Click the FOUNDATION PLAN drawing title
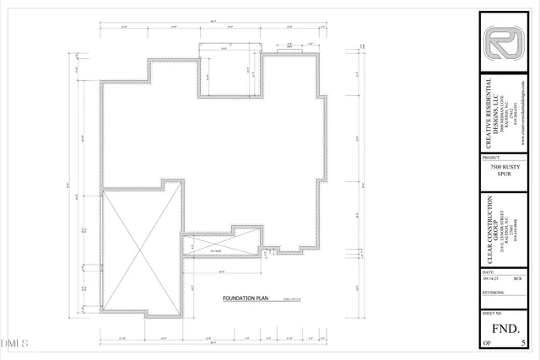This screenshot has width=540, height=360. coord(245,298)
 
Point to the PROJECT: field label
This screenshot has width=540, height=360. coord(492,158)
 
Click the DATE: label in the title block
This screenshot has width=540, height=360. coord(489,272)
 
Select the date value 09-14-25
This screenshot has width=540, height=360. coord(492,280)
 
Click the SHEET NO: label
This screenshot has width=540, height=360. coord(494,312)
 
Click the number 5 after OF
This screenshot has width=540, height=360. coord(525,342)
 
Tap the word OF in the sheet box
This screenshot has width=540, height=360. coord(487,342)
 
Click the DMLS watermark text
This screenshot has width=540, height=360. coord(14,344)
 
